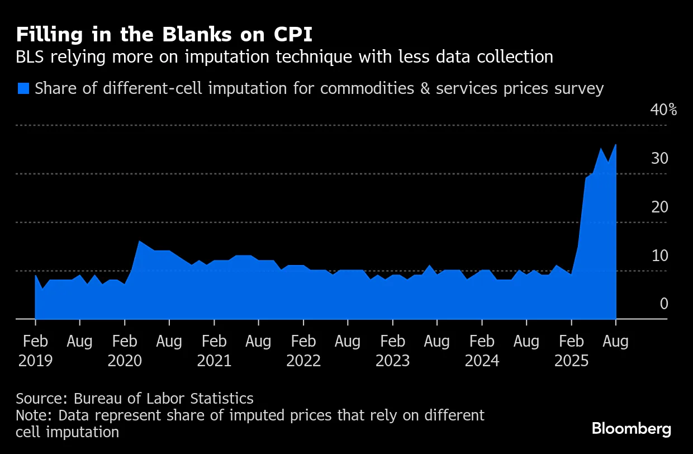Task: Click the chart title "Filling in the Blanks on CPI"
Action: pyautogui.click(x=164, y=35)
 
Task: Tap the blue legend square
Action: pyautogui.click(x=23, y=88)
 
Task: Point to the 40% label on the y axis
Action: pyautogui.click(x=663, y=110)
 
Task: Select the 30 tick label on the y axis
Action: pyautogui.click(x=659, y=159)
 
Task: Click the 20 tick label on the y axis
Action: pyautogui.click(x=659, y=207)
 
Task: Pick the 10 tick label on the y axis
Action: pyautogui.click(x=659, y=256)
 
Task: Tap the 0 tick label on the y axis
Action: pyautogui.click(x=664, y=304)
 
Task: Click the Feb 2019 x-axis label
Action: pyautogui.click(x=35, y=351)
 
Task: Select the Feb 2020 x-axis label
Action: pyautogui.click(x=125, y=351)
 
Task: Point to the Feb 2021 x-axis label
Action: pyautogui.click(x=214, y=351)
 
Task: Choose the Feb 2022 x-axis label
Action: pyautogui.click(x=303, y=351)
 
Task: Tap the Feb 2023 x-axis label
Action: pyautogui.click(x=393, y=351)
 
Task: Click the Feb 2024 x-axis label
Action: pyautogui.click(x=482, y=351)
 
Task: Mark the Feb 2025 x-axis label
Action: pyautogui.click(x=571, y=351)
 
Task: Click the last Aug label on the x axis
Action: pyautogui.click(x=616, y=341)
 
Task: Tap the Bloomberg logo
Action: pyautogui.click(x=631, y=429)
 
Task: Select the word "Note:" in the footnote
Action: pyautogui.click(x=35, y=416)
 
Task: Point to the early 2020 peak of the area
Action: pyautogui.click(x=139, y=242)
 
